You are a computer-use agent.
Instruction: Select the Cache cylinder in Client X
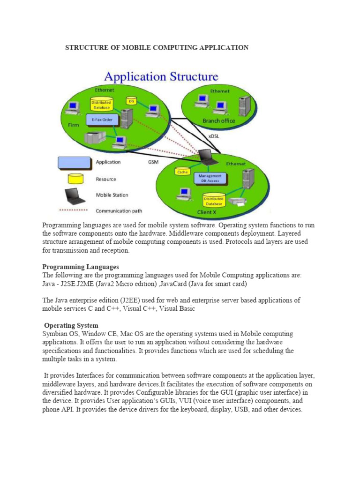pyautogui.click(x=182, y=171)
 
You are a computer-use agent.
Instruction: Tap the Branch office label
pyautogui.click(x=219, y=120)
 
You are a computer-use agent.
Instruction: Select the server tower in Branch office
pyautogui.click(x=244, y=106)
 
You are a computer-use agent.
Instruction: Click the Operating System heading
pyautogui.click(x=71, y=325)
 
